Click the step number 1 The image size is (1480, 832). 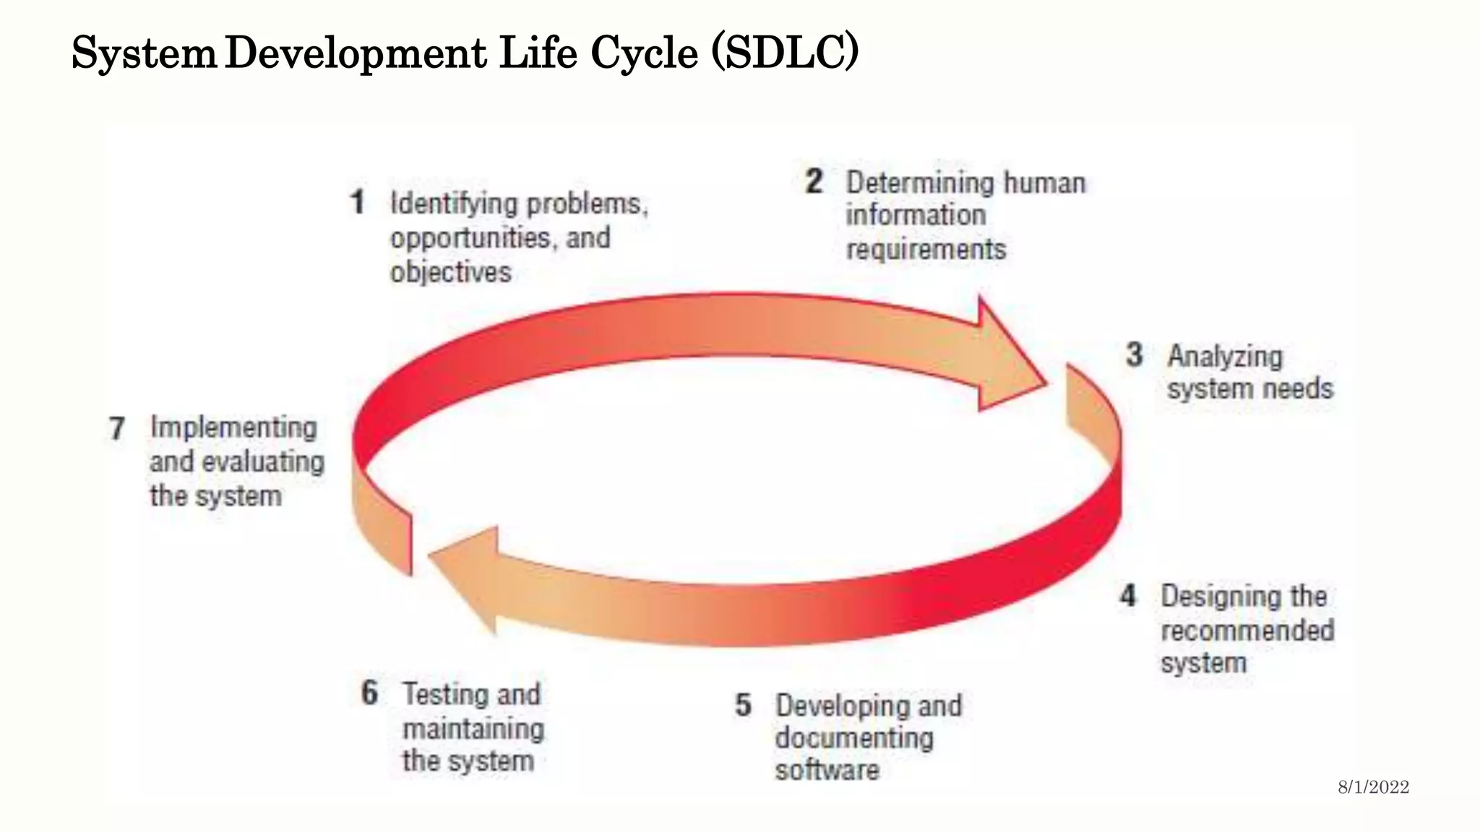[358, 202]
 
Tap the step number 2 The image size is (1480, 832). [814, 181]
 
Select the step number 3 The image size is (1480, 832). [1135, 355]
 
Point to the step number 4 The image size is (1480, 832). [1128, 596]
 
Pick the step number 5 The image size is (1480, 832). [743, 705]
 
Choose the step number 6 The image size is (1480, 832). [369, 693]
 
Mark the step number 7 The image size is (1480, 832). [117, 428]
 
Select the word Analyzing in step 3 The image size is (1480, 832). [1225, 356]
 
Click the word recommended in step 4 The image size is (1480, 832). [1247, 630]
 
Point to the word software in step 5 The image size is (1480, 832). [827, 770]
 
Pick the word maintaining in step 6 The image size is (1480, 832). [473, 728]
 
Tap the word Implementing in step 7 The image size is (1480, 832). [233, 428]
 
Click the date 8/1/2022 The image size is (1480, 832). [1373, 787]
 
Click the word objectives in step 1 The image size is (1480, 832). [451, 272]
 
